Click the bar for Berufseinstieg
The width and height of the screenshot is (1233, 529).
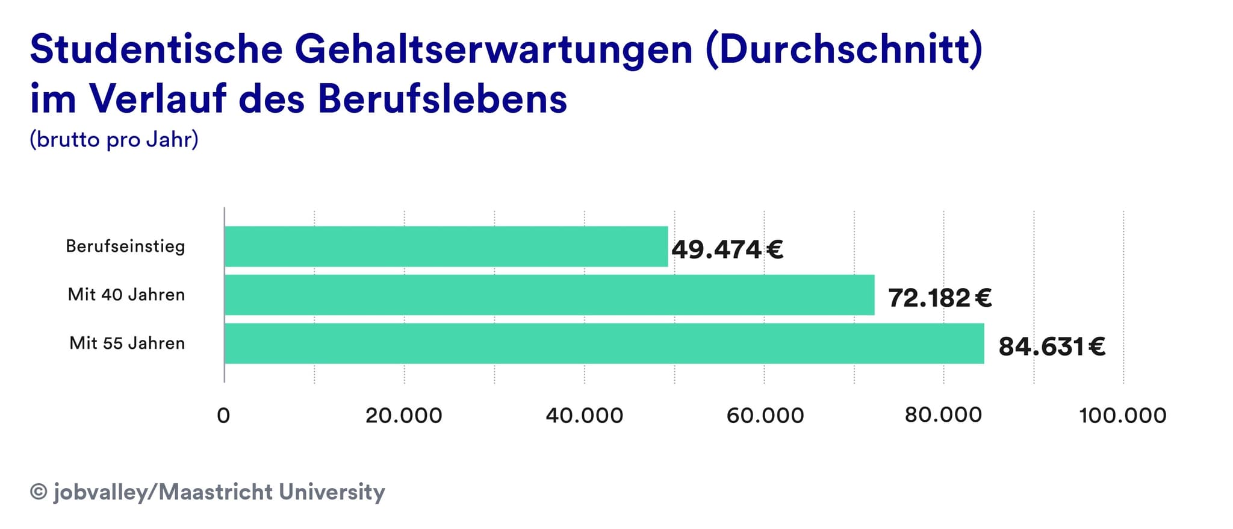[x=446, y=246]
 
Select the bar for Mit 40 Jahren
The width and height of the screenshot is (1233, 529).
[x=549, y=295]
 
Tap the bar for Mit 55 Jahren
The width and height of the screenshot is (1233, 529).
[x=604, y=343]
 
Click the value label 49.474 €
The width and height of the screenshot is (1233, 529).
[x=727, y=249]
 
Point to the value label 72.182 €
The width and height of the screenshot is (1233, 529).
[x=940, y=298]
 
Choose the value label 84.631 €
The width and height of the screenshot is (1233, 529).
[x=1052, y=346]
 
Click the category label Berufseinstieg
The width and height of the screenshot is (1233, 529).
[x=125, y=246]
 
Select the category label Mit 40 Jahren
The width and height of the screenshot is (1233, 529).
[x=126, y=295]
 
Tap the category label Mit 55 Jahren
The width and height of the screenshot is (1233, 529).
[x=127, y=343]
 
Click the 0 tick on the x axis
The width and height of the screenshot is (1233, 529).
[x=223, y=416]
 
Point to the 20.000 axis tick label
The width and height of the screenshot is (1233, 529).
[x=403, y=416]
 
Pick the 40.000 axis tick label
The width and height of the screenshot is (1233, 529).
[x=584, y=416]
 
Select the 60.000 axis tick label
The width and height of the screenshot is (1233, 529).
[x=765, y=416]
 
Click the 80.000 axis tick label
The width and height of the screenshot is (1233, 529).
[x=943, y=415]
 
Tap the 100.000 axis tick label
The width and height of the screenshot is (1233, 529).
[x=1123, y=416]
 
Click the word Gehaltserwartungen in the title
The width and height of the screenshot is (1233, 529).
[x=494, y=49]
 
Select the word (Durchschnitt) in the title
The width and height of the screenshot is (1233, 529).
[x=844, y=49]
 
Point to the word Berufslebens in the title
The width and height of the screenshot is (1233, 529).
[x=443, y=98]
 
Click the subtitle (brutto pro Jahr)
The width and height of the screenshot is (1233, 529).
[x=114, y=139]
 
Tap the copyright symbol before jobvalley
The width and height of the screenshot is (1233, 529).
[x=39, y=492]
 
